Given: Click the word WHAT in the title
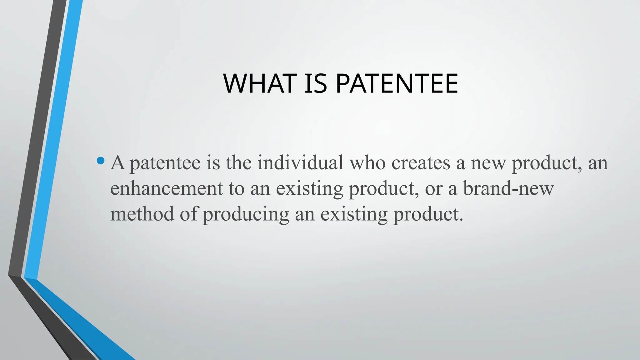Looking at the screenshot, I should coord(259,83).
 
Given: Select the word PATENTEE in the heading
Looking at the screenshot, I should coord(397,83).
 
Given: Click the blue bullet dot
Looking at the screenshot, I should coord(101,161).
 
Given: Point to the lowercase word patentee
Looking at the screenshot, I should coord(165,163).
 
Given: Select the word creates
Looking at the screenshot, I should coord(421,163).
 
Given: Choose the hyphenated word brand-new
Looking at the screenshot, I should coord(508,188).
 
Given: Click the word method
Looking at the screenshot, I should coord(142,214).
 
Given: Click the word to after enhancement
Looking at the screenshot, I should coord(236,189).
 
